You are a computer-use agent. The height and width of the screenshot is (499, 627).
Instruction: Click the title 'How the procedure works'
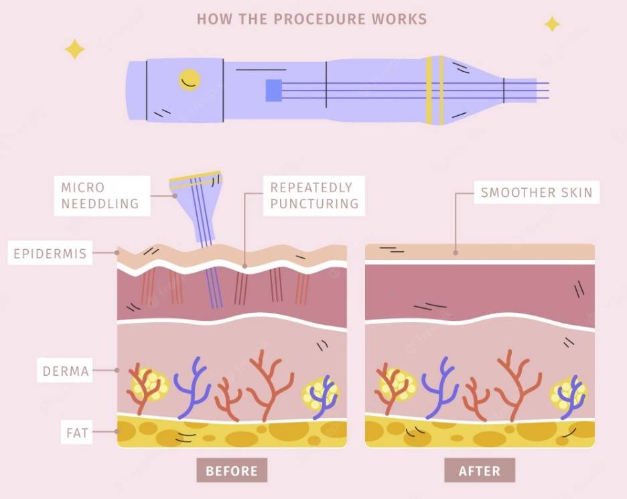tap(312, 19)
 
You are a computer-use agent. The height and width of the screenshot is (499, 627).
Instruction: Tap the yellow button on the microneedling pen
tap(189, 80)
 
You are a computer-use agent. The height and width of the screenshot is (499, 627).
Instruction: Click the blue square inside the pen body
tap(273, 90)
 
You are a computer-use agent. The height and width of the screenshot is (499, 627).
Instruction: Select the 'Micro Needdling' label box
tap(102, 196)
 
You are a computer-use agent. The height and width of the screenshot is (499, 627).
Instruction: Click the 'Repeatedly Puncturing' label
tap(314, 196)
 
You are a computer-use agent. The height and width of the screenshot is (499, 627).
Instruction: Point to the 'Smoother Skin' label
tap(537, 192)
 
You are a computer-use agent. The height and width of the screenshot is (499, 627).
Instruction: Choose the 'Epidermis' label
tap(50, 253)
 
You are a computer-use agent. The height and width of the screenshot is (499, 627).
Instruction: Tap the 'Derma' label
tap(65, 370)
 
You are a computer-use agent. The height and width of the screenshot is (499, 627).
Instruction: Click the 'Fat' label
tap(77, 432)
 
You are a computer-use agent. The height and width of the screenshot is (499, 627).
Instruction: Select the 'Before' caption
tap(232, 471)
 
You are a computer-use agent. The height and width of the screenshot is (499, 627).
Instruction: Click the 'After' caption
tap(480, 471)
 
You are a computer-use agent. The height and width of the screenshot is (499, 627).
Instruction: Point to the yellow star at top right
tap(552, 24)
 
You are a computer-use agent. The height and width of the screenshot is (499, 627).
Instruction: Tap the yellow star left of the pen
tap(75, 49)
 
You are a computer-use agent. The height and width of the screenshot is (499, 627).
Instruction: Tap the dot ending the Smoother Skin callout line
tap(456, 253)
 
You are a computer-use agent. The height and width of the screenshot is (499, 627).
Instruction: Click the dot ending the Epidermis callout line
tap(117, 253)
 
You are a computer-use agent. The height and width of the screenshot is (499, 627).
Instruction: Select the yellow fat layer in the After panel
tap(480, 432)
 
